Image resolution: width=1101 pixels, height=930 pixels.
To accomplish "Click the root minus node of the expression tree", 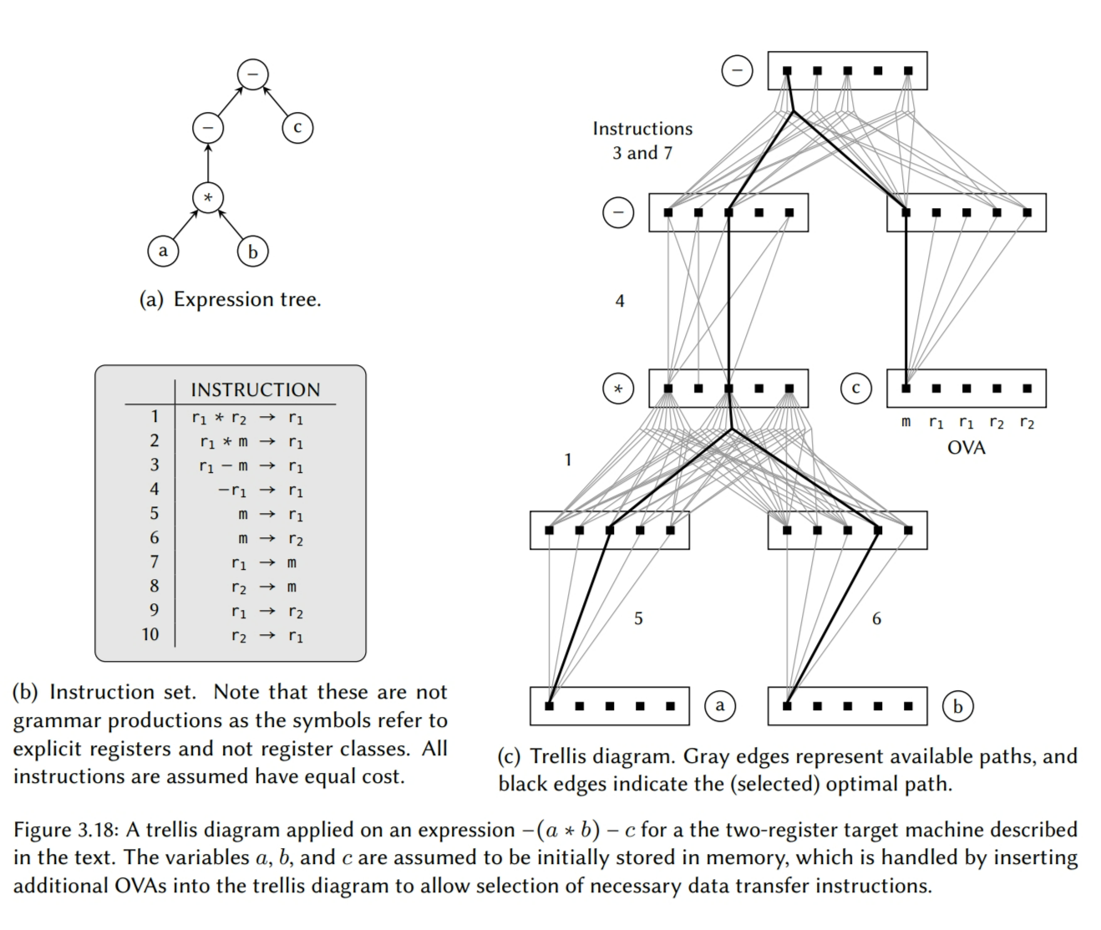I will pyautogui.click(x=252, y=74).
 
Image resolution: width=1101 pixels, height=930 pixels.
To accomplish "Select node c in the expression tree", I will pyautogui.click(x=297, y=128).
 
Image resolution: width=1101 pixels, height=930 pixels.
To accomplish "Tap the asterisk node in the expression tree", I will pyautogui.click(x=208, y=198).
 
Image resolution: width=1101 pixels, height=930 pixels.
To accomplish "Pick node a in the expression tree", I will pyautogui.click(x=163, y=251).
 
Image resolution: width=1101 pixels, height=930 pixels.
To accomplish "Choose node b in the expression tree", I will pyautogui.click(x=252, y=251).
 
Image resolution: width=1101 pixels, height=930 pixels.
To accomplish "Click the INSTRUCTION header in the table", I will pyautogui.click(x=255, y=390).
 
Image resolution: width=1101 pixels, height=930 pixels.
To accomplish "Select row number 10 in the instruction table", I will pyautogui.click(x=150, y=634).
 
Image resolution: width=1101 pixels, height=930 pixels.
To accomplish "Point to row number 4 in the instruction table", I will pyautogui.click(x=154, y=489).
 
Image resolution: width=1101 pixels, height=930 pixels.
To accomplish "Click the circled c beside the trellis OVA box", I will pyautogui.click(x=855, y=389).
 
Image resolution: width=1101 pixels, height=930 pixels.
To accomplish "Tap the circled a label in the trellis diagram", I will pyautogui.click(x=720, y=706).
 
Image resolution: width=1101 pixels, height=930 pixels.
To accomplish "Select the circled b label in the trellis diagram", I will pyautogui.click(x=957, y=706).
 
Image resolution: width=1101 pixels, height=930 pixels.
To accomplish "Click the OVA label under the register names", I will pyautogui.click(x=966, y=448).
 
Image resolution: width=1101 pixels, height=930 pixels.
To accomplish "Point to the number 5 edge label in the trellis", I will pyautogui.click(x=638, y=619).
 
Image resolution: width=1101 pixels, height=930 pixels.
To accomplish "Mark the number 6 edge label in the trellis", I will pyautogui.click(x=876, y=619).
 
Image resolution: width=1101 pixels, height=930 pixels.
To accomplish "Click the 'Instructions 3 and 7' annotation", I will pyautogui.click(x=642, y=140).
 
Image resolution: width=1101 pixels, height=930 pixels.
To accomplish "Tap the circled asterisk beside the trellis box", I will pyautogui.click(x=618, y=389).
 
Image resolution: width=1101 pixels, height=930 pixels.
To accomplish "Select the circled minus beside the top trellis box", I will pyautogui.click(x=737, y=71).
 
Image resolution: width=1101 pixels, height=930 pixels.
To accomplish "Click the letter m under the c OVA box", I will pyautogui.click(x=906, y=423).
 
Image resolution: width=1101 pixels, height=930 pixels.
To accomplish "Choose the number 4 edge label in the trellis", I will pyautogui.click(x=620, y=301).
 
